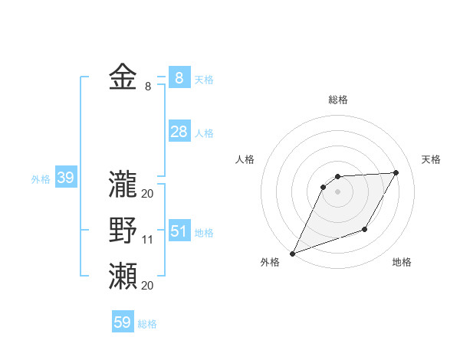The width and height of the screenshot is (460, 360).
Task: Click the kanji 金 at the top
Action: tap(123, 77)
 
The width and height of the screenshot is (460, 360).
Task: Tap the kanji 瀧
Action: tap(123, 183)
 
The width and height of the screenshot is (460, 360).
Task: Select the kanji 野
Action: tap(123, 230)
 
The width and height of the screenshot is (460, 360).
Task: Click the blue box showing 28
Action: tap(179, 131)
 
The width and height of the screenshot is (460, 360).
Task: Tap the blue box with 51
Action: tap(179, 231)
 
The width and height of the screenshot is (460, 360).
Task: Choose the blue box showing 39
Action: tap(65, 178)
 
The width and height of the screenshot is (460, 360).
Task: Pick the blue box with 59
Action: tap(123, 322)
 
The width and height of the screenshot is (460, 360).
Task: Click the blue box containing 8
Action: tap(179, 77)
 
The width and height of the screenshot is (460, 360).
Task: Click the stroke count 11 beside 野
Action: tap(148, 241)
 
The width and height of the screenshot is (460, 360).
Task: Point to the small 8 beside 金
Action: tap(147, 87)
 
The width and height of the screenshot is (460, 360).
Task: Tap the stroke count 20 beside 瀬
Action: tap(148, 286)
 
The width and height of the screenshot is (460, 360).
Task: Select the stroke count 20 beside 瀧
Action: tap(148, 194)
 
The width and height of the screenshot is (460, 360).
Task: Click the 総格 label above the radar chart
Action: tap(337, 100)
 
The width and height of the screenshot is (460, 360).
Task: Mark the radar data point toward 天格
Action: tap(396, 172)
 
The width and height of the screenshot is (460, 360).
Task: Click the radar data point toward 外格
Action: tap(292, 254)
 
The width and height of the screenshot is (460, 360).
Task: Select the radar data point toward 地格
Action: tap(366, 229)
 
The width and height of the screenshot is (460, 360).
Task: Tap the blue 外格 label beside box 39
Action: tap(41, 179)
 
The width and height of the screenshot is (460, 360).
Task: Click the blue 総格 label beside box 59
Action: tap(147, 324)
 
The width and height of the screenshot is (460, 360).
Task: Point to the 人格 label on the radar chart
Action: tap(245, 159)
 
